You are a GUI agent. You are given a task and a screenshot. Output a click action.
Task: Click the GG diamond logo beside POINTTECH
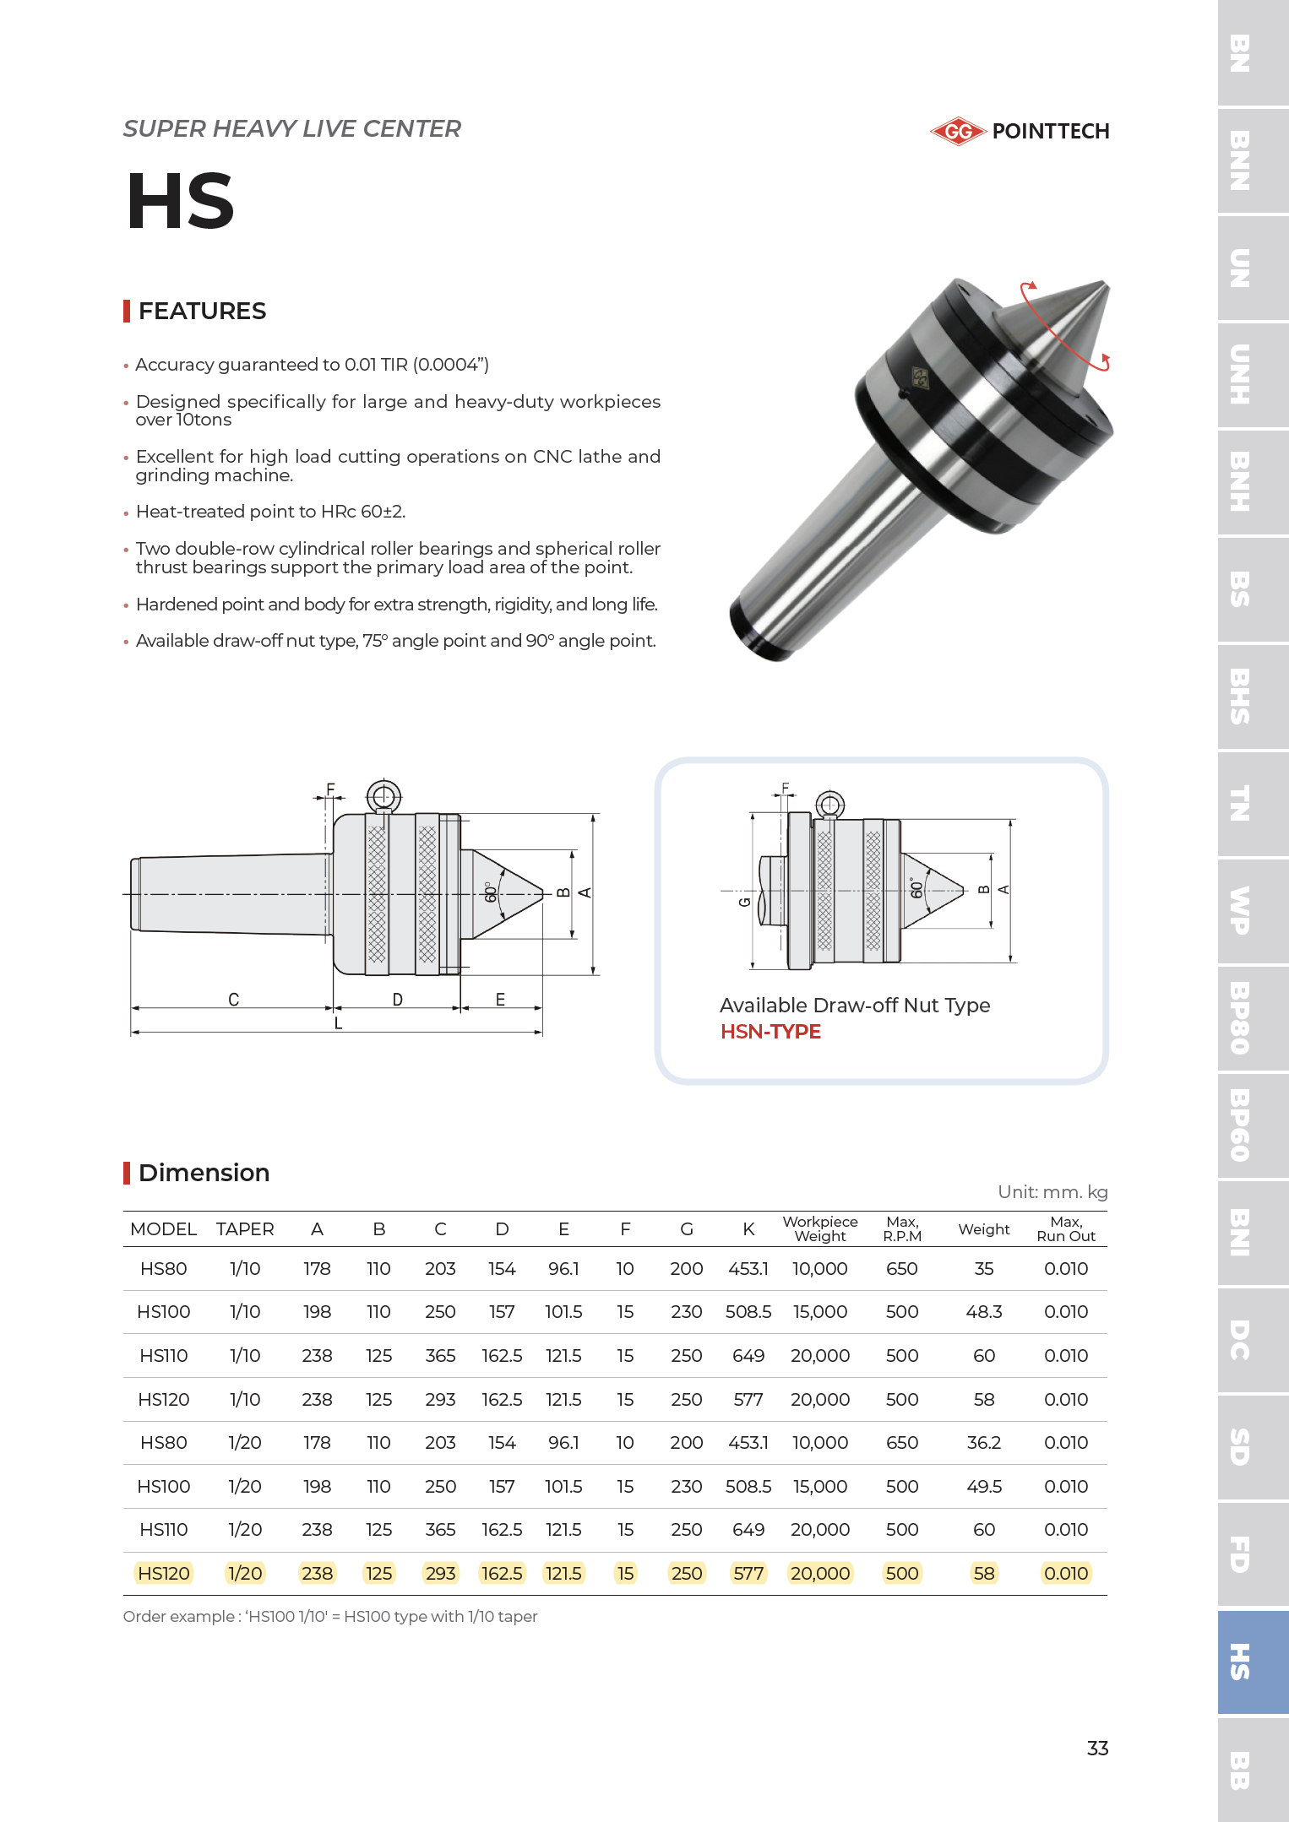pos(958,132)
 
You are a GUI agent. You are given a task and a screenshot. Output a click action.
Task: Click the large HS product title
pos(181,201)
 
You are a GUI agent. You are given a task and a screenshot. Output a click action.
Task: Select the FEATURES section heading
pos(202,312)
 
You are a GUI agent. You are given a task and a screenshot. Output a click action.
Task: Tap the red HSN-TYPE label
pos(770,1032)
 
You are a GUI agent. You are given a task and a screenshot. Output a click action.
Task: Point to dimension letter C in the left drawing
pos(234,1000)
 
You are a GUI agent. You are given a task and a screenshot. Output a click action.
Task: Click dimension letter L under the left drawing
pos(338,1023)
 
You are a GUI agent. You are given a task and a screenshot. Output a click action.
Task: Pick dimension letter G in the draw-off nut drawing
pos(744,902)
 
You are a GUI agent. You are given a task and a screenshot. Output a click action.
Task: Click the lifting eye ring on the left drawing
pos(383,795)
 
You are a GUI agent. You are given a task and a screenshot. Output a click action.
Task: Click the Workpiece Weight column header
pos(819,1228)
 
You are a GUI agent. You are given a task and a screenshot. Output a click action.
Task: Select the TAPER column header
pos(245,1229)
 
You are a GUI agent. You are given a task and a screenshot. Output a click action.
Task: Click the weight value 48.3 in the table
pos(984,1312)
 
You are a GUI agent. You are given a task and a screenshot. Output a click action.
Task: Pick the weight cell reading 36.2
pos(984,1443)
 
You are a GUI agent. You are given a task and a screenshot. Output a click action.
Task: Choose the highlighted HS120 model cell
pos(164,1574)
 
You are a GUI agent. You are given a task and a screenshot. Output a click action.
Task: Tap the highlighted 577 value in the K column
pos(748,1574)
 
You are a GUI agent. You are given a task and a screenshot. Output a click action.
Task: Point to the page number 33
pos(1097,1749)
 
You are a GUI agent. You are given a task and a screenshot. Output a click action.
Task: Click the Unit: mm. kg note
pos(1052,1192)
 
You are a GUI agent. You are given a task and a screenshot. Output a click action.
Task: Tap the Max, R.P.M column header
pos(902,1228)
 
